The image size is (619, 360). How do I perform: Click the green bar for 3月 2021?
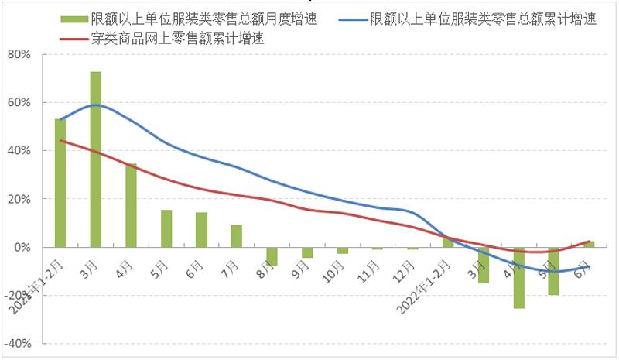[x=96, y=159]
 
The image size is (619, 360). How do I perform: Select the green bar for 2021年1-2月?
[x=60, y=183]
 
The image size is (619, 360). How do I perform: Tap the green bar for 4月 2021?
[x=132, y=205]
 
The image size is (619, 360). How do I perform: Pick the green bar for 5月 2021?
[x=166, y=228]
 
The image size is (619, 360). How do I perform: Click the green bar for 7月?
[x=237, y=236]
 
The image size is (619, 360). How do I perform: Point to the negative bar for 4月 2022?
[x=518, y=278]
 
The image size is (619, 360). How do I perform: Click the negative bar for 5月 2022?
[x=554, y=271]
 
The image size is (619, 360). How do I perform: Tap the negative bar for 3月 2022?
[x=484, y=265]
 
